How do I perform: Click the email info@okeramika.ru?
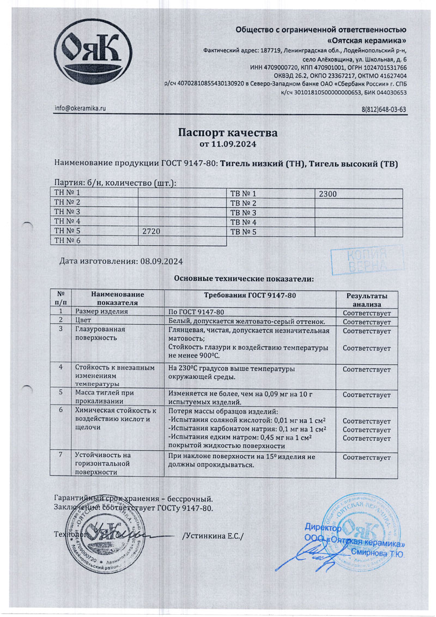tap(80, 108)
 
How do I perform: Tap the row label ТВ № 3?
tap(243, 213)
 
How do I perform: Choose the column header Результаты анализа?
tap(367, 299)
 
